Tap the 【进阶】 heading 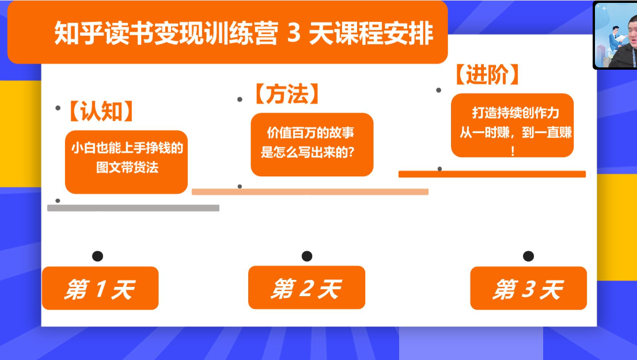click(x=487, y=74)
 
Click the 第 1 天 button click(x=100, y=289)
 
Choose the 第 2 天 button click(x=306, y=287)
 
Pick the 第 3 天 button click(x=528, y=289)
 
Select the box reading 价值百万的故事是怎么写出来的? click(x=312, y=144)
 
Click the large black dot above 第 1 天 click(x=97, y=256)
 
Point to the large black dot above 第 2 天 click(x=306, y=256)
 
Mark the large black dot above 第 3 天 click(x=528, y=256)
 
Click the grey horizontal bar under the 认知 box click(x=133, y=208)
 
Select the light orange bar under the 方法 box click(x=310, y=192)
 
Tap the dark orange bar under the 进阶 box click(x=492, y=174)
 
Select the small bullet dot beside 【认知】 click(x=58, y=108)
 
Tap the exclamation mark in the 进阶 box click(x=513, y=151)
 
